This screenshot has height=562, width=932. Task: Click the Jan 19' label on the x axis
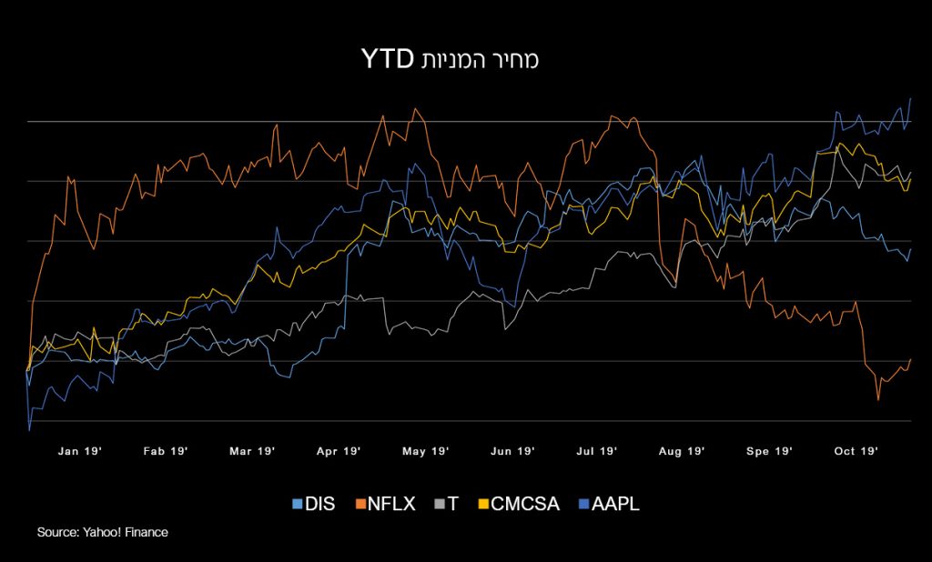pos(80,450)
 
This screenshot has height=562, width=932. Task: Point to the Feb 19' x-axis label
pos(166,450)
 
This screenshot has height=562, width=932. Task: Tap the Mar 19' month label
pos(252,450)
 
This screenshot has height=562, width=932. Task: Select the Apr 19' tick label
pos(339,450)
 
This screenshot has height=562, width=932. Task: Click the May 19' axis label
pos(425,450)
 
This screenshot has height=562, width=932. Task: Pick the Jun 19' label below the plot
pos(512,450)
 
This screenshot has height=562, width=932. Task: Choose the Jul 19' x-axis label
pos(598,450)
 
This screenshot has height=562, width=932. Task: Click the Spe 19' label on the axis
pos(770,450)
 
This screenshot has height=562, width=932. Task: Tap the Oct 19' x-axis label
pos(856,450)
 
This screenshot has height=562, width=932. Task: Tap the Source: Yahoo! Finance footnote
pos(103,532)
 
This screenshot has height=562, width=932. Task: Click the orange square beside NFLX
pos(360,503)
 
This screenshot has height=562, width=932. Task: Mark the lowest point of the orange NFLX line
pos(878,400)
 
